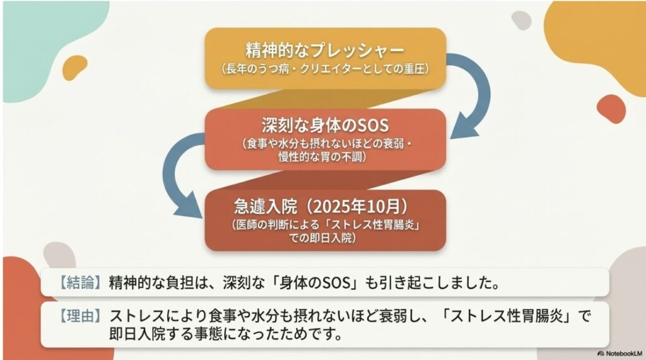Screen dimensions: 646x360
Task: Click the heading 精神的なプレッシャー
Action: coord(325,49)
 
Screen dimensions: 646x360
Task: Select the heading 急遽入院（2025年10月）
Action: coord(325,206)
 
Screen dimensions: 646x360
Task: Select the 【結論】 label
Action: coord(78,282)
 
